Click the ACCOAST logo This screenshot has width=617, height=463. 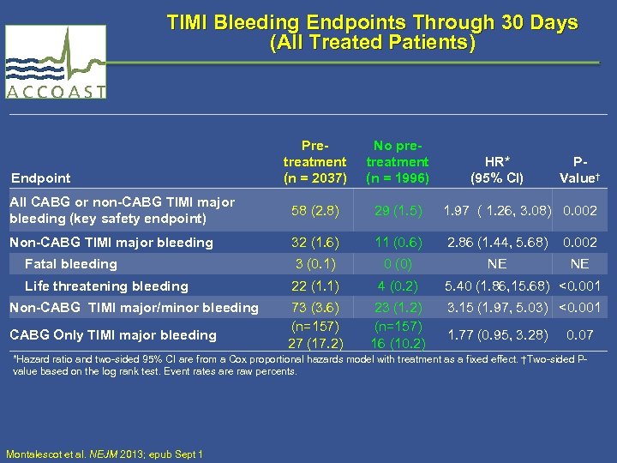pyautogui.click(x=57, y=63)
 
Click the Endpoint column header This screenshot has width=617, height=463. pyautogui.click(x=41, y=178)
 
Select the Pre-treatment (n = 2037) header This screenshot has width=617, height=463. pyautogui.click(x=314, y=161)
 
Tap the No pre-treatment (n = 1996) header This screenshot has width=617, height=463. pyautogui.click(x=397, y=161)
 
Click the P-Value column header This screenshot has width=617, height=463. pyautogui.click(x=579, y=170)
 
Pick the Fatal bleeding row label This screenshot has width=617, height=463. pyautogui.click(x=70, y=264)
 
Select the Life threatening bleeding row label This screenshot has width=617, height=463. pyautogui.click(x=106, y=286)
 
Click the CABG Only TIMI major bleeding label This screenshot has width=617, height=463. pyautogui.click(x=112, y=334)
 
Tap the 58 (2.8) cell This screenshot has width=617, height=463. pyautogui.click(x=314, y=210)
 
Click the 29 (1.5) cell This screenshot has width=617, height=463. pyautogui.click(x=397, y=210)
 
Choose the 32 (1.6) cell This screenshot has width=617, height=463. pyautogui.click(x=314, y=243)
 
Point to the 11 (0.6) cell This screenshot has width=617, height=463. pyautogui.click(x=397, y=243)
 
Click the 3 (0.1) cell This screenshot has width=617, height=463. pyautogui.click(x=314, y=264)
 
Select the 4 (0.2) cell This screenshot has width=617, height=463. pyautogui.click(x=397, y=286)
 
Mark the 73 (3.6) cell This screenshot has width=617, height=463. pyautogui.click(x=314, y=308)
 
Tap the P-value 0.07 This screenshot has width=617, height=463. pyautogui.click(x=579, y=334)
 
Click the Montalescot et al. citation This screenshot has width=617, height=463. pyautogui.click(x=104, y=454)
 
